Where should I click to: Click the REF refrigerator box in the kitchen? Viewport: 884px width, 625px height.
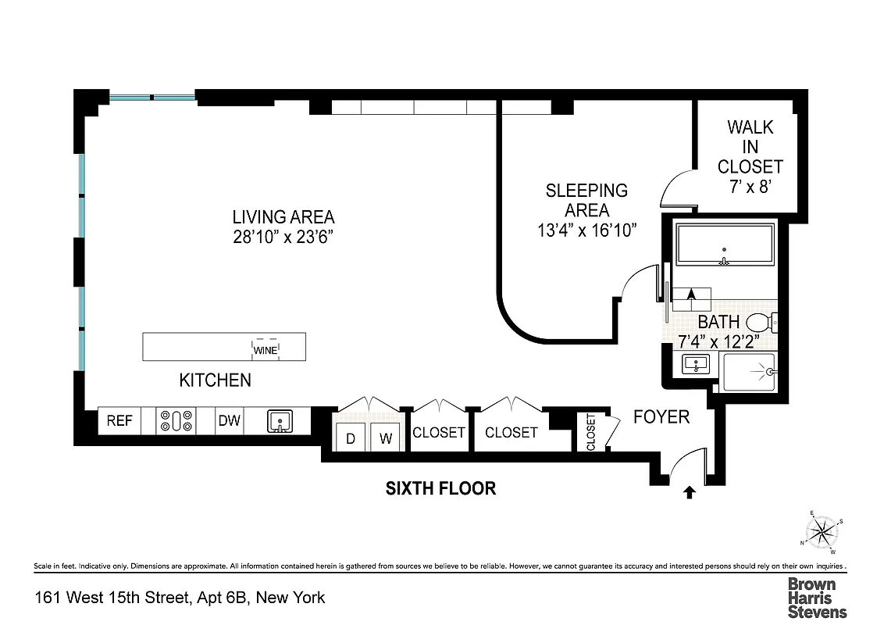119,421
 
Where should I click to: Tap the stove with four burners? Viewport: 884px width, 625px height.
176,421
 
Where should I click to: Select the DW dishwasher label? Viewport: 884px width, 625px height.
229,421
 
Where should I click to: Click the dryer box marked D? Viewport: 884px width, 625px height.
351,438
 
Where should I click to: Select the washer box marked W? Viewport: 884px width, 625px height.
386,438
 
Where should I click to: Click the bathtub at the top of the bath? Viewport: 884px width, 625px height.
725,245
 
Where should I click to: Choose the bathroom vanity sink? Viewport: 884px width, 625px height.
692,364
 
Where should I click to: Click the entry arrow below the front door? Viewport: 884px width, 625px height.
689,492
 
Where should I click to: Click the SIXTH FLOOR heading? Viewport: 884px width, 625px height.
441,488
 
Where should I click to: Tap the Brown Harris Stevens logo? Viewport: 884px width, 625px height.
816,598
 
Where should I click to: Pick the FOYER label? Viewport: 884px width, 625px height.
661,416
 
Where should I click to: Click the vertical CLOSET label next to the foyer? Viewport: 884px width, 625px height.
590,432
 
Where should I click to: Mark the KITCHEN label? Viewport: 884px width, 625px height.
216,380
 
